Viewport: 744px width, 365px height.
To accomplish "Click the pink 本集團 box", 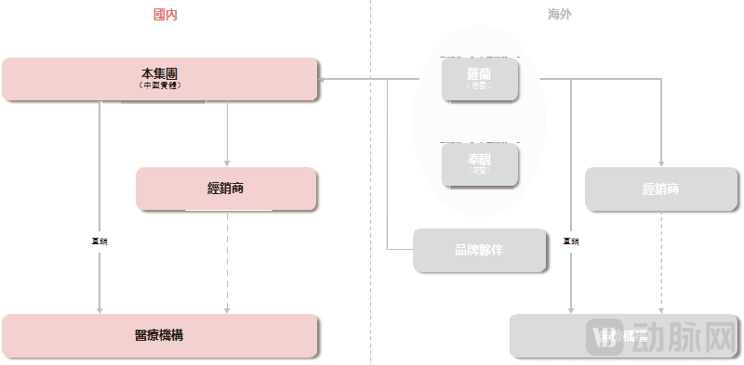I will coord(161,78).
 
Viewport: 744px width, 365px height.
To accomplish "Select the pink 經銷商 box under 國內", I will coord(227,189).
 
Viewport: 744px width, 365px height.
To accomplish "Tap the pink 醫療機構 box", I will coord(161,336).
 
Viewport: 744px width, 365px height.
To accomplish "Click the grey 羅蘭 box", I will coord(479,77).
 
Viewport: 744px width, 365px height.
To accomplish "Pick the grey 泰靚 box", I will coord(479,164).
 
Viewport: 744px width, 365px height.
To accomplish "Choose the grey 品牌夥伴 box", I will coord(479,250).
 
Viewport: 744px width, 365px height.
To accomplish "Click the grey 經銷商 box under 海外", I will coord(660,189).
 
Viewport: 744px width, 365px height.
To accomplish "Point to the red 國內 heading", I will coord(166,14).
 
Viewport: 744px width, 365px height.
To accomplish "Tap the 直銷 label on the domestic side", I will coord(100,241).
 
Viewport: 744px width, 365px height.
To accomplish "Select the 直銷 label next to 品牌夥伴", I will coord(571,241).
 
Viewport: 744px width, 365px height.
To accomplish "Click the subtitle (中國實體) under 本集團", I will coord(161,85).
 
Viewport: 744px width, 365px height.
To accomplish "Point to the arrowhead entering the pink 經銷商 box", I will coord(227,162).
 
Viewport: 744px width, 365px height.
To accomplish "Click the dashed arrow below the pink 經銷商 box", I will coord(227,265).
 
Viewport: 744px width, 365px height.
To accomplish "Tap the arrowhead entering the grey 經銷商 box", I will coord(660,162).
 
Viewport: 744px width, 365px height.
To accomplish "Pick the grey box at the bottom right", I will coord(558,336).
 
